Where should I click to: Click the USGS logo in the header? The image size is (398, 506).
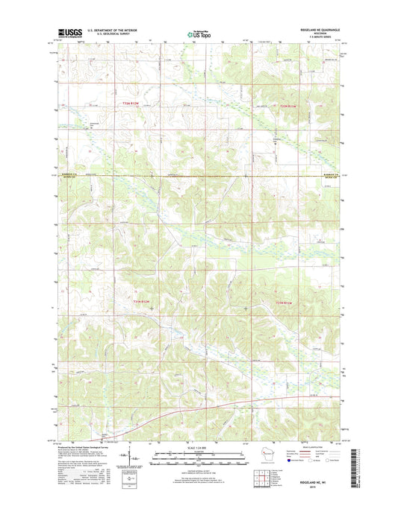pos(68,33)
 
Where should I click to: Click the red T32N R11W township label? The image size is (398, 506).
pos(289,107)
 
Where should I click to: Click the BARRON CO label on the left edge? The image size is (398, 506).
pos(66,174)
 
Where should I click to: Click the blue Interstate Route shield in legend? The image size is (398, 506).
pos(294,461)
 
